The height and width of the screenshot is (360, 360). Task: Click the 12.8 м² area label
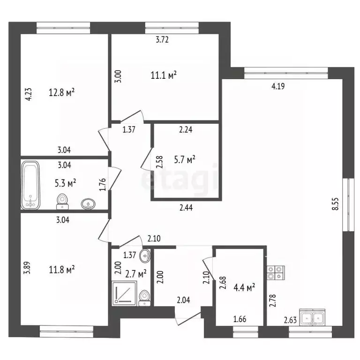pyautogui.click(x=61, y=92)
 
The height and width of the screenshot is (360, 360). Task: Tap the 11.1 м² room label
pyautogui.click(x=164, y=75)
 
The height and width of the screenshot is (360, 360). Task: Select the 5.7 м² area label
pyautogui.click(x=185, y=159)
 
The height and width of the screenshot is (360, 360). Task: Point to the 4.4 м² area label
pyautogui.click(x=244, y=287)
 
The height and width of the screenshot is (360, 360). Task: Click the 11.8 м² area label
pyautogui.click(x=62, y=270)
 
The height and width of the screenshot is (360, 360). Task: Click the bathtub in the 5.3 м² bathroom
pyautogui.click(x=30, y=185)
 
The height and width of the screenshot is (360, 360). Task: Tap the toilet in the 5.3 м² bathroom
pyautogui.click(x=62, y=202)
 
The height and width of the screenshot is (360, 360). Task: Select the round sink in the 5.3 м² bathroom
pyautogui.click(x=88, y=204)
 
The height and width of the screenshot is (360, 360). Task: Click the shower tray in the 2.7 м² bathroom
pyautogui.click(x=124, y=293)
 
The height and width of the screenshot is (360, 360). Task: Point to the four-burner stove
pyautogui.click(x=276, y=272)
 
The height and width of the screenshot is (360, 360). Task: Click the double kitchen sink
pyautogui.click(x=312, y=317)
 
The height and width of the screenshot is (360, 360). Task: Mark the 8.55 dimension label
pyautogui.click(x=336, y=204)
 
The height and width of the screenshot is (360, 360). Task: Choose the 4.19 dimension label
pyautogui.click(x=278, y=86)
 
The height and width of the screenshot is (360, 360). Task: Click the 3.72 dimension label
pyautogui.click(x=162, y=40)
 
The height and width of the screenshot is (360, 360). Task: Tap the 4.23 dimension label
pyautogui.click(x=29, y=94)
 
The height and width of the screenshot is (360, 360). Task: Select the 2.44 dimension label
pyautogui.click(x=186, y=208)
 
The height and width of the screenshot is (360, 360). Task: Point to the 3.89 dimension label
pyautogui.click(x=27, y=268)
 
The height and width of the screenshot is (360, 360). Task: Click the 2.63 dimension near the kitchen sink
pyautogui.click(x=290, y=320)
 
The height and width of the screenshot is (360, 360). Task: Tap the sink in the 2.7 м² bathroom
pyautogui.click(x=145, y=255)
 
